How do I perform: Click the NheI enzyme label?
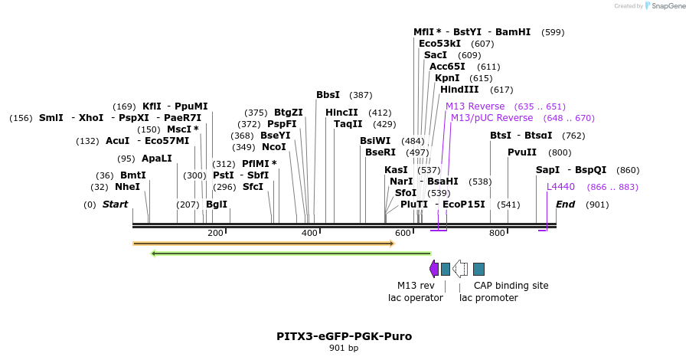[x=127, y=187]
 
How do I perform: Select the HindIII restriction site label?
[x=459, y=90]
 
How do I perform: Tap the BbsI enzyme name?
[x=328, y=95]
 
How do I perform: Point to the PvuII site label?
[x=522, y=152]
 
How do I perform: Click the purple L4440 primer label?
[x=560, y=187]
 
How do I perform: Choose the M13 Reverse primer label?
[x=475, y=106]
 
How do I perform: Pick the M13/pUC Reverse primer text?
[x=491, y=118]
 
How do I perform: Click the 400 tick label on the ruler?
[x=309, y=233]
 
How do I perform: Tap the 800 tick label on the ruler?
[x=497, y=233]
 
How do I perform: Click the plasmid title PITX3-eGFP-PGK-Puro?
[x=344, y=336]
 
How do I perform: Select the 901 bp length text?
[x=344, y=349]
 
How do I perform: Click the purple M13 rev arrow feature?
[x=434, y=268]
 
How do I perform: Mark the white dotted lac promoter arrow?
[x=460, y=268]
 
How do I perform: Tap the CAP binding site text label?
[x=511, y=286]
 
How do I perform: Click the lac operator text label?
[x=416, y=298]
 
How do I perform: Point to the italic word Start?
[x=115, y=205]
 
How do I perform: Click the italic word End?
[x=565, y=205]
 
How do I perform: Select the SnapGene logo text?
[x=668, y=6]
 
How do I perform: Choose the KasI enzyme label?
[x=397, y=170]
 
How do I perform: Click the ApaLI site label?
[x=157, y=159]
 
